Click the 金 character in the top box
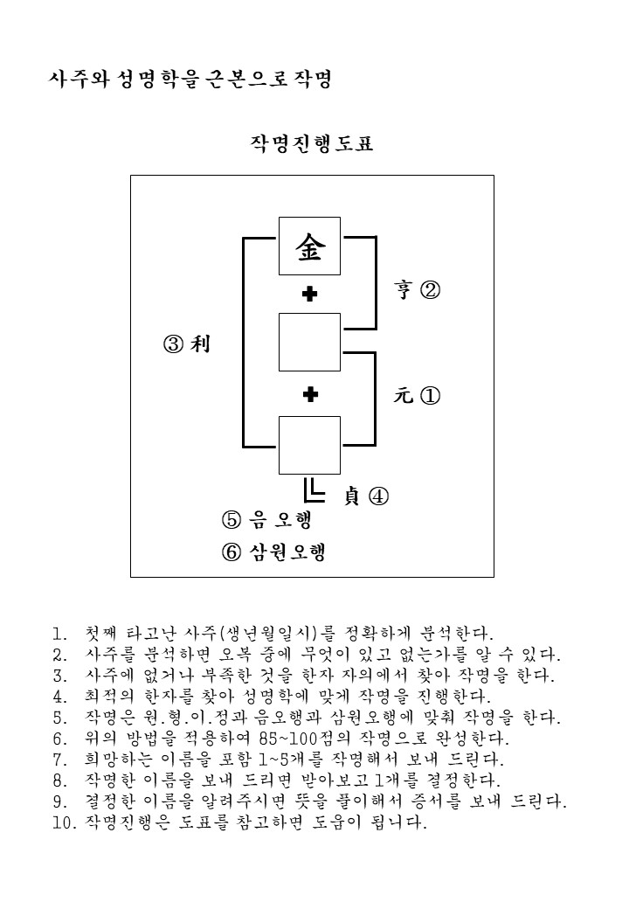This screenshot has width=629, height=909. tap(310, 246)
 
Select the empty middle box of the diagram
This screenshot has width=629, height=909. tap(309, 342)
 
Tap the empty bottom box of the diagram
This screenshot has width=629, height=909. tap(309, 445)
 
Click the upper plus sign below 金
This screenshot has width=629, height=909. tap(310, 294)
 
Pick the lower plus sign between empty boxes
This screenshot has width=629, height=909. tap(310, 395)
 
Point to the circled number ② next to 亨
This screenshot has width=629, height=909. tap(430, 289)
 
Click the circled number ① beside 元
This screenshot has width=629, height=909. tap(430, 396)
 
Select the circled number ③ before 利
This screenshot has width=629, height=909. tap(174, 344)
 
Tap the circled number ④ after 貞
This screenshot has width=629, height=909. tap(379, 496)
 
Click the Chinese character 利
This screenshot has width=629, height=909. tap(200, 343)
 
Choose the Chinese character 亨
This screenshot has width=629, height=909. tap(403, 288)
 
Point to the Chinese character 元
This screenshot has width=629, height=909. tap(403, 396)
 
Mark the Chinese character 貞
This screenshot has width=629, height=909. tap(351, 496)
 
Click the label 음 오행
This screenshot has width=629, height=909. tap(281, 519)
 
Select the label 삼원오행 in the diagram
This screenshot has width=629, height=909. tap(288, 552)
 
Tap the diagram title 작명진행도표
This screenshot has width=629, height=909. tap(312, 143)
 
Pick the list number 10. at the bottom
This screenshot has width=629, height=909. tap(65, 822)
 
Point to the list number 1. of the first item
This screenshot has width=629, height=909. tap(60, 634)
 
